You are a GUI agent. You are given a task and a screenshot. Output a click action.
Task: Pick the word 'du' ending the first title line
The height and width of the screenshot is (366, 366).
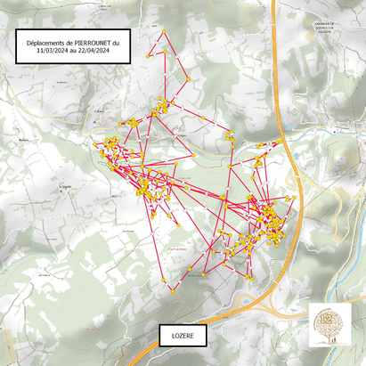click(x=126, y=42)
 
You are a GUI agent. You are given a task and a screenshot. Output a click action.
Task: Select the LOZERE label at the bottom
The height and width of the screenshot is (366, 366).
click(x=182, y=338)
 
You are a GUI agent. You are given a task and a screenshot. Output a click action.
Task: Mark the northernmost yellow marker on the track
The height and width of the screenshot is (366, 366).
click(x=165, y=33)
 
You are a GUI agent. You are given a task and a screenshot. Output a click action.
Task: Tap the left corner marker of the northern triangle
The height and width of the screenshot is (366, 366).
click(x=148, y=56)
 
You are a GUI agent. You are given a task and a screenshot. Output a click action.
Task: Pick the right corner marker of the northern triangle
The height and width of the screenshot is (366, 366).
click(x=184, y=56)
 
